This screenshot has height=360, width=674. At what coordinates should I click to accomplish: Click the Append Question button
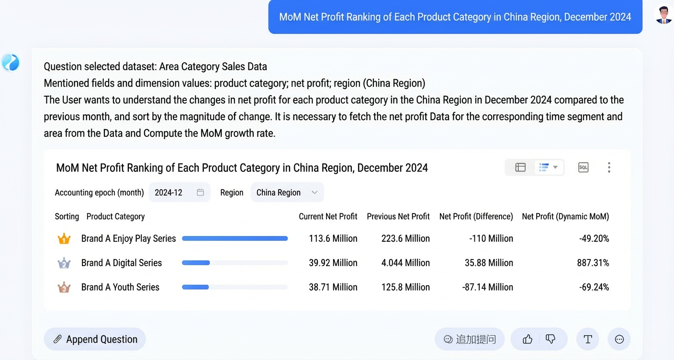(95, 339)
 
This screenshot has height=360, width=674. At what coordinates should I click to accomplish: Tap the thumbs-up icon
(528, 339)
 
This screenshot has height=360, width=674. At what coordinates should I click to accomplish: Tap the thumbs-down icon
(550, 339)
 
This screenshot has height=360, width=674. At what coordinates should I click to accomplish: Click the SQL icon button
(583, 168)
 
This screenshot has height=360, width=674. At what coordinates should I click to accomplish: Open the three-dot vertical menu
(609, 168)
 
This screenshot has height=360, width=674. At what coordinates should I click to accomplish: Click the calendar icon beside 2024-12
(201, 192)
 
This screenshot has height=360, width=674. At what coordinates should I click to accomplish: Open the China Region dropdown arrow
(315, 192)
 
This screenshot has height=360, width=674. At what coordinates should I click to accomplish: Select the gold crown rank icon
(64, 239)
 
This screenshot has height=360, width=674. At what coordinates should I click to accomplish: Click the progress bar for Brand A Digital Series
(235, 263)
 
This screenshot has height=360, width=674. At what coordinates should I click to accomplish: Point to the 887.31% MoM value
(593, 263)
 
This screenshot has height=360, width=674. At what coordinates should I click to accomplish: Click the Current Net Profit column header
(328, 216)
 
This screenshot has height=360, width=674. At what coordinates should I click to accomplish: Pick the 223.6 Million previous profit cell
(405, 239)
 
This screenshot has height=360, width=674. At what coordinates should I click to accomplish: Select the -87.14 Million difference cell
(487, 287)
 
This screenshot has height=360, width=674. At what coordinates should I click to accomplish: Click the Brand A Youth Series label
(120, 287)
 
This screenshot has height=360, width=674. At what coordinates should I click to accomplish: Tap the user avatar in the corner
(663, 14)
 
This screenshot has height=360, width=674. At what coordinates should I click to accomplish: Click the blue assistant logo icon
(11, 62)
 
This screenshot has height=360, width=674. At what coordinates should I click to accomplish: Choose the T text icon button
(588, 339)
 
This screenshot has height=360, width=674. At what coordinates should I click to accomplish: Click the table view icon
(520, 168)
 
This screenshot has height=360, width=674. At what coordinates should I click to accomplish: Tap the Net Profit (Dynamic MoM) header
(565, 216)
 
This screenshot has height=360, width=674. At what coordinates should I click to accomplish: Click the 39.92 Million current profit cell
(333, 263)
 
